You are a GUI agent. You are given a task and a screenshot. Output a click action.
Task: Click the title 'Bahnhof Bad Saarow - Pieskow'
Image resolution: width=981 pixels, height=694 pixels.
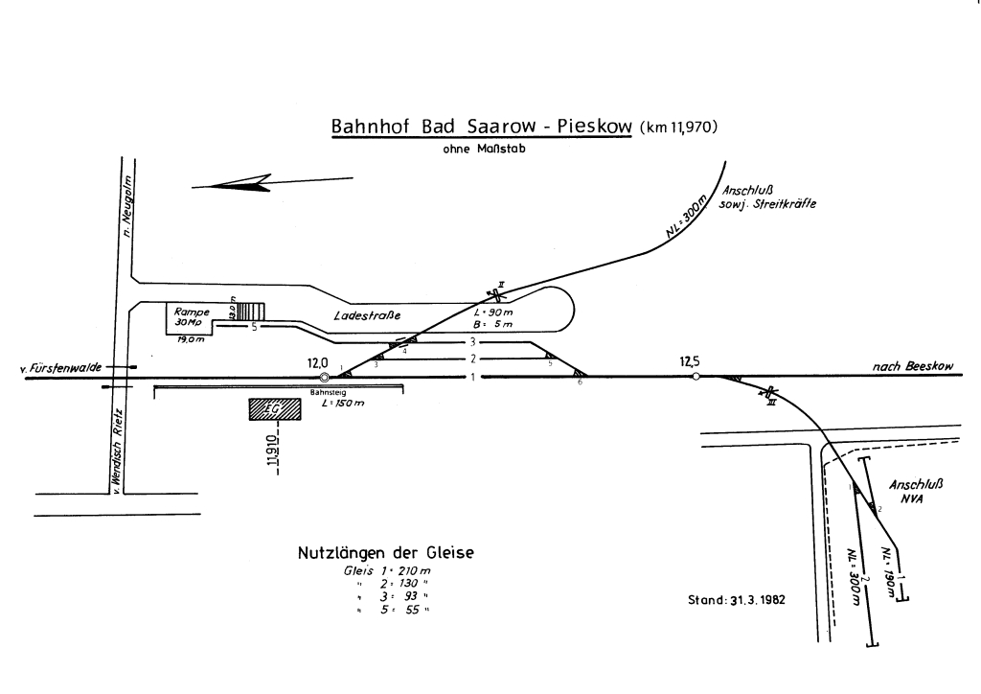(482, 128)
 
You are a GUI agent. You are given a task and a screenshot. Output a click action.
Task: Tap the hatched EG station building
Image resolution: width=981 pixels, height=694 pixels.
(272, 410)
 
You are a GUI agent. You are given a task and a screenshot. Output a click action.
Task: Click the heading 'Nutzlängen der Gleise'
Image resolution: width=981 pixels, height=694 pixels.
(386, 553)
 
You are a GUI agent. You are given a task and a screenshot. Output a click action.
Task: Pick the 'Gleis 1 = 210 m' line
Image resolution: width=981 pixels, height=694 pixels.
(387, 572)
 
